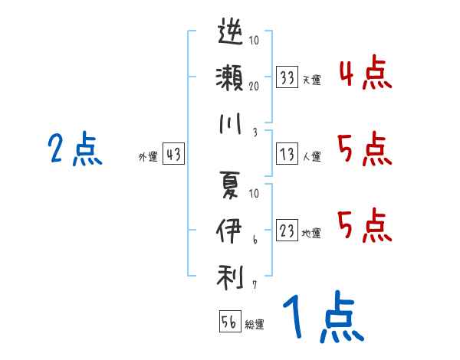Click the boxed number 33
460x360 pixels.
(x=287, y=77)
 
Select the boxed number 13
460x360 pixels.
(x=287, y=155)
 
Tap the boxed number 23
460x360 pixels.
(x=287, y=231)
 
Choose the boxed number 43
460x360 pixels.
(x=173, y=155)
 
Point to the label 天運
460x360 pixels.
(x=311, y=80)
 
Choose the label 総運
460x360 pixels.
(x=255, y=325)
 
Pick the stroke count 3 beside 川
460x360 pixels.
(x=254, y=132)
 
